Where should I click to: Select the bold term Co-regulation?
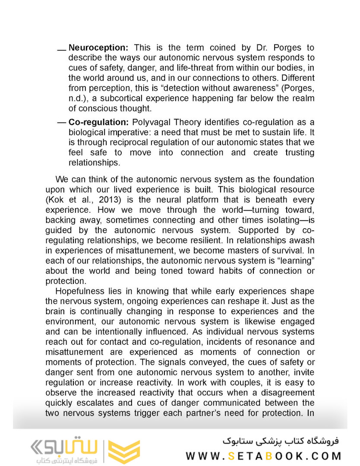[98, 123]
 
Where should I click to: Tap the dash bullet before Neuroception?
[62, 50]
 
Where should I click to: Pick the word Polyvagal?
[150, 123]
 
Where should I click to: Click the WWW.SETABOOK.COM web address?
[263, 456]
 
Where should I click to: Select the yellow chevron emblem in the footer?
[124, 451]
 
